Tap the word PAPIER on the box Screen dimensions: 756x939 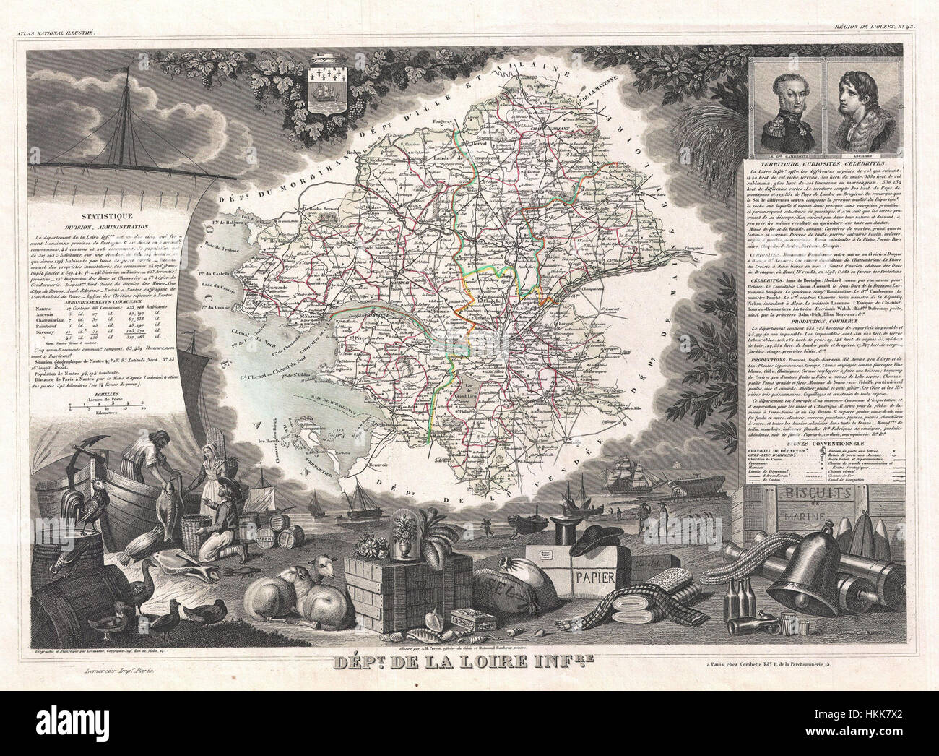594,576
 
